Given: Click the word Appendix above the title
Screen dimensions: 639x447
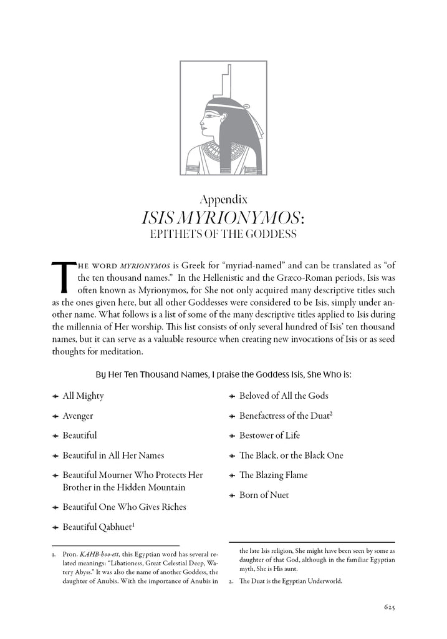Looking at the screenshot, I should (x=223, y=200).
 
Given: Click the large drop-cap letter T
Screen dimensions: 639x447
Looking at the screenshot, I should (x=61, y=276).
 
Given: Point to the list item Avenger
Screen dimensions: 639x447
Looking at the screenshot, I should (x=78, y=416).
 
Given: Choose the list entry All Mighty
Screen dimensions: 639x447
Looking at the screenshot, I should (x=83, y=396).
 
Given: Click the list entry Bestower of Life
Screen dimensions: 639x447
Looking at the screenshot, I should (x=269, y=436).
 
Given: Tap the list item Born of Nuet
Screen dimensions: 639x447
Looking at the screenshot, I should (x=264, y=495).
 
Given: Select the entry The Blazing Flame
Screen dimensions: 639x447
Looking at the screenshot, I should (x=273, y=476).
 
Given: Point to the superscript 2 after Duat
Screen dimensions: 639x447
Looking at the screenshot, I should (x=331, y=413).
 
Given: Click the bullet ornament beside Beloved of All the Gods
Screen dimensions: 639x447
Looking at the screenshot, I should (x=233, y=396).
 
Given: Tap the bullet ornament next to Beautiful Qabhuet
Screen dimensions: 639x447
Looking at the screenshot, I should (x=55, y=528).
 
